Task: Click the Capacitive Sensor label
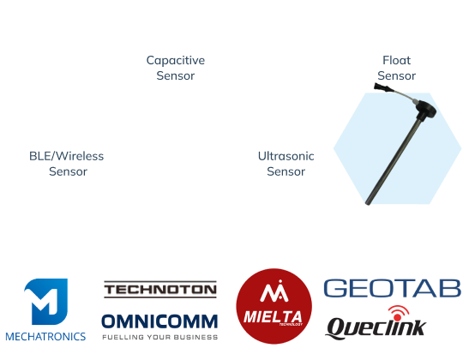(x=176, y=68)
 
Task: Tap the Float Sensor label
(x=397, y=68)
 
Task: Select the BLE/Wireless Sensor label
(x=67, y=164)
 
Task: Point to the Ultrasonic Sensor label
(x=286, y=164)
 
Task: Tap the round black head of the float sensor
(x=425, y=109)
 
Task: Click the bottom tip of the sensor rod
(x=368, y=203)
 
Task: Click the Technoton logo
(x=160, y=290)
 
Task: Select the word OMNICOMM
(x=159, y=321)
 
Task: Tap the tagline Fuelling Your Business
(x=160, y=337)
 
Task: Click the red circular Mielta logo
(x=274, y=306)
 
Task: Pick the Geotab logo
(x=393, y=288)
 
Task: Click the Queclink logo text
(x=376, y=327)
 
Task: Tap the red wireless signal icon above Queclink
(x=399, y=313)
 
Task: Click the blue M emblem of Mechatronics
(x=46, y=301)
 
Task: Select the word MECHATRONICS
(x=45, y=337)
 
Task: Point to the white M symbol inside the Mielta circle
(x=274, y=291)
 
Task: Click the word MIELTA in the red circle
(x=273, y=317)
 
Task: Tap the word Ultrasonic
(x=286, y=156)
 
